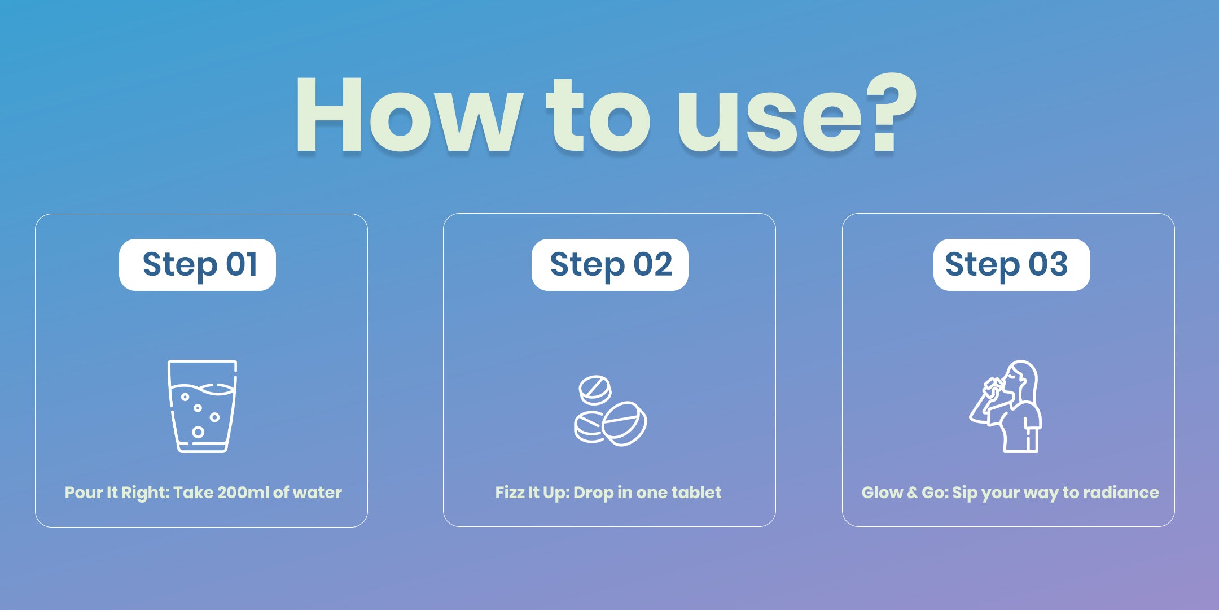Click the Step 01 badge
198,265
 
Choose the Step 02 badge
610,265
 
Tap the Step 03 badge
1012,265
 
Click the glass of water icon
202,406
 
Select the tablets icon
611,411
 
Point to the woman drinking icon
1006,406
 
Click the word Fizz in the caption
510,493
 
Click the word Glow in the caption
882,493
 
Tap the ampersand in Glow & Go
913,493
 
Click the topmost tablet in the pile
595,390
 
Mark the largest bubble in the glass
198,432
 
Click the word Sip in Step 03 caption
964,493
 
